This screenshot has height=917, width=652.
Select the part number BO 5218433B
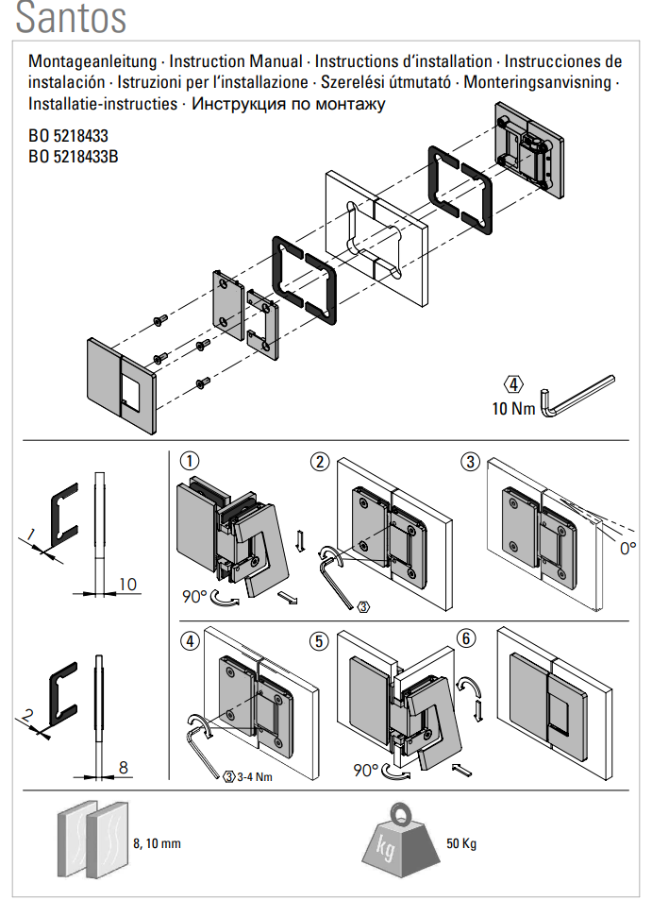(74, 157)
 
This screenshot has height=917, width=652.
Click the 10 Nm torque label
(513, 409)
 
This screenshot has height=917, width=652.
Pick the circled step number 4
(190, 640)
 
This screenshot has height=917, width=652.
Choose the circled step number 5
(321, 640)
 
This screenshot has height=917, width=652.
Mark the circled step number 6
(465, 638)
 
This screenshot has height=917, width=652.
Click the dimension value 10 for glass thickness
(127, 585)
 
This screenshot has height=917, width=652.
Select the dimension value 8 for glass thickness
(124, 768)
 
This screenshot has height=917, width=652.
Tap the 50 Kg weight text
(460, 843)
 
